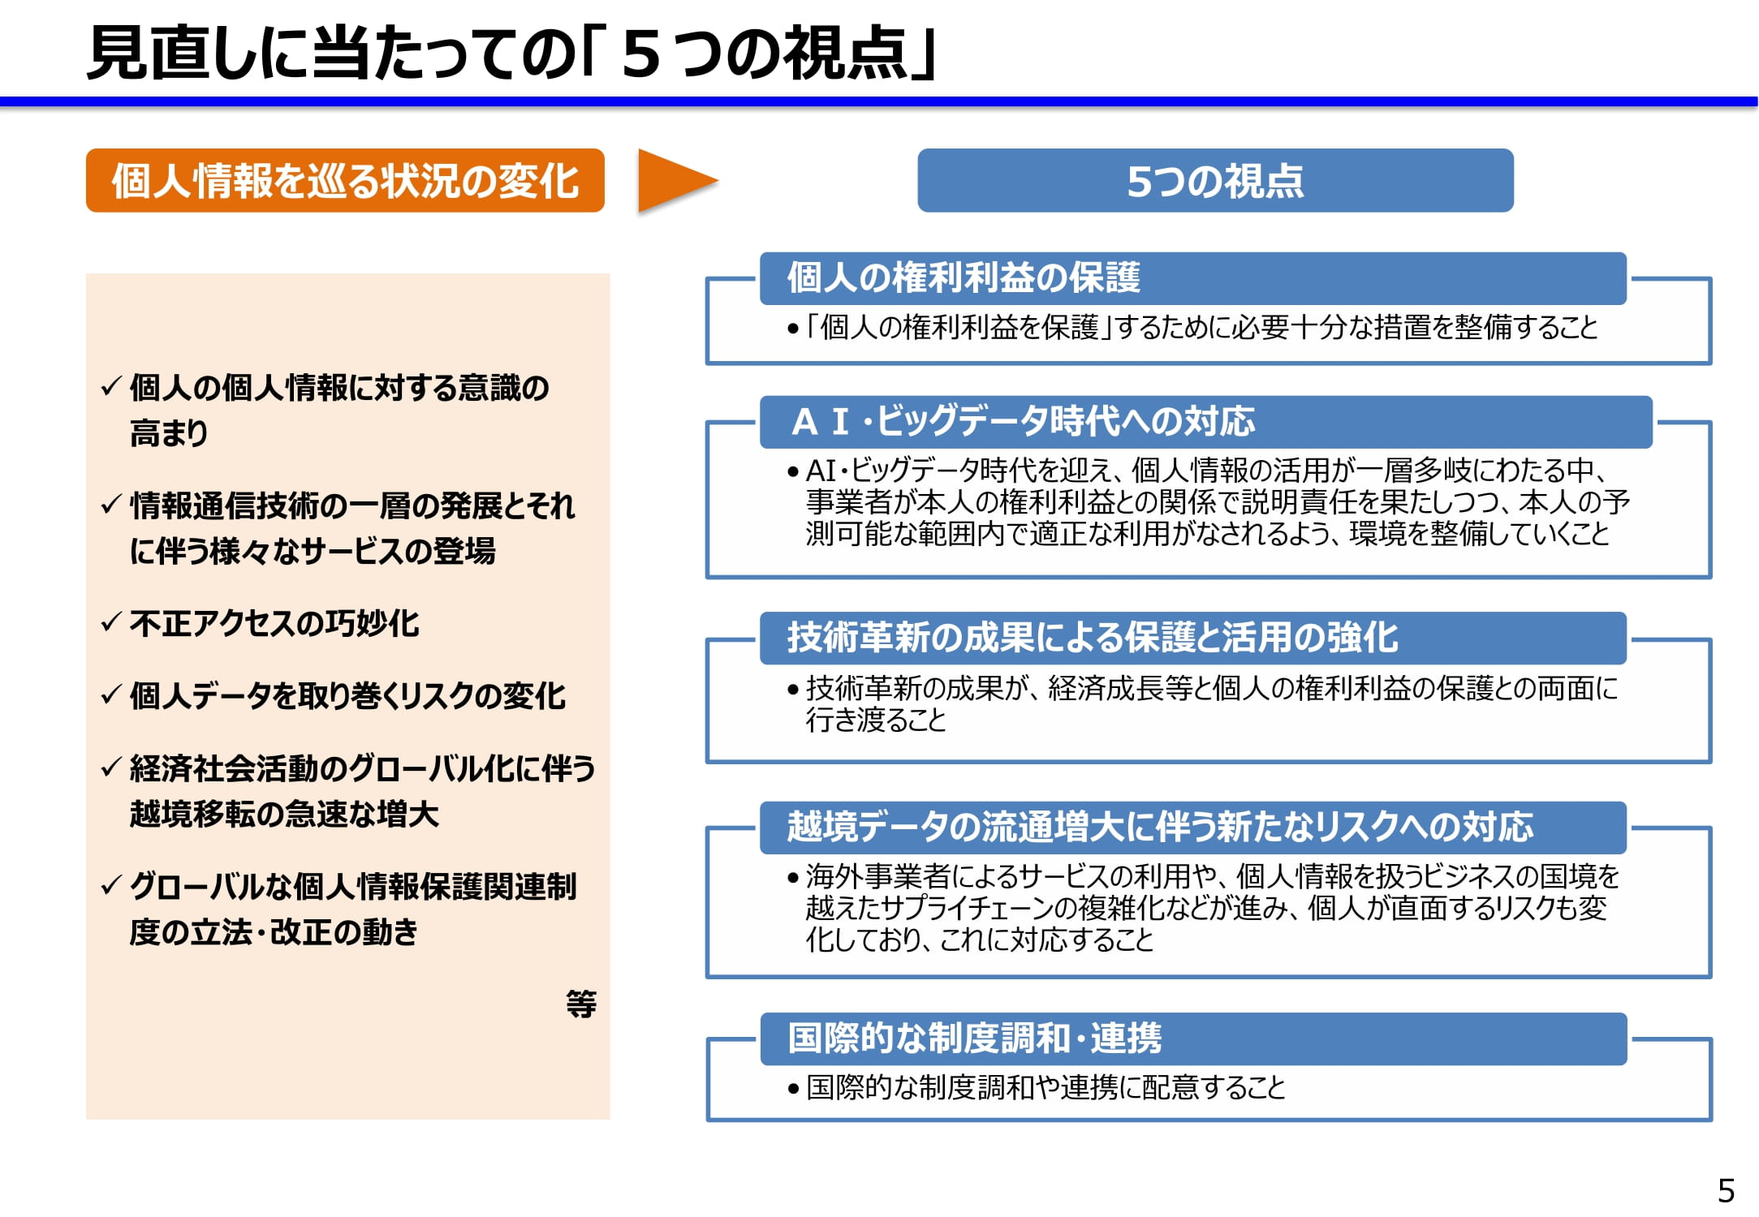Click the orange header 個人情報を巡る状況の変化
point(345,181)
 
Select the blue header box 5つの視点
point(1215,181)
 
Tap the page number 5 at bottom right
point(1726,1191)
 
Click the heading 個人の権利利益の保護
point(964,277)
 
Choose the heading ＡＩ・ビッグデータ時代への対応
point(1023,421)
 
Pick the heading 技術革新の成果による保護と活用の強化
point(1093,637)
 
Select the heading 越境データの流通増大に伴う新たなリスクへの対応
point(1160,827)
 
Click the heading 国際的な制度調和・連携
point(975,1038)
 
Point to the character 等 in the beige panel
point(581,1004)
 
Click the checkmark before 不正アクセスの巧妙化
point(111,622)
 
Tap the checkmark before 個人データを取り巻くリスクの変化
point(111,695)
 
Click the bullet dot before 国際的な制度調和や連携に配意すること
point(793,1089)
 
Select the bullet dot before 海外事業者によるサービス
point(793,878)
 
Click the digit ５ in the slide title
point(641,54)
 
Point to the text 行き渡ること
point(876,720)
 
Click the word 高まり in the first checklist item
point(169,432)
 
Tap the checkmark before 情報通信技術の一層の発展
point(111,505)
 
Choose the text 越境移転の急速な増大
point(284,814)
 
